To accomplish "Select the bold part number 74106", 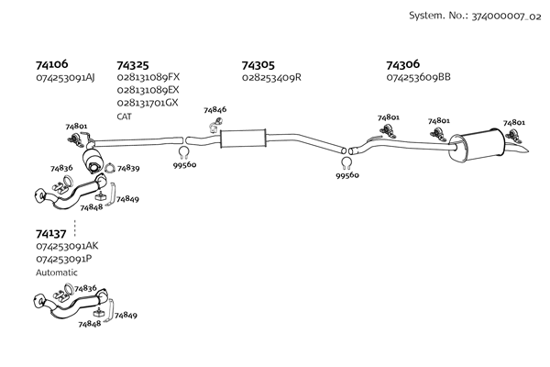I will click(x=51, y=65).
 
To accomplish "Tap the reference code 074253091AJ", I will click(x=65, y=78).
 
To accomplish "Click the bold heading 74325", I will click(x=133, y=65).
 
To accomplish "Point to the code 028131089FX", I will click(x=148, y=78).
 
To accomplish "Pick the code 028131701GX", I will click(x=148, y=103).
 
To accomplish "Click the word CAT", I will click(x=125, y=117).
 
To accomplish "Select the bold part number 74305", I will click(x=258, y=65).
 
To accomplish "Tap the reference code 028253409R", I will click(x=271, y=78).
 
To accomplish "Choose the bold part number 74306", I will click(x=402, y=65).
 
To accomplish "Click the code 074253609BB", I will click(x=418, y=78).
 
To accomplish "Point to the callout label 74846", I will click(x=214, y=110).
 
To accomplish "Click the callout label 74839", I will click(x=127, y=169).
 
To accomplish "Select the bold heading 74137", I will click(x=51, y=234).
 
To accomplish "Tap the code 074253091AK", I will click(x=67, y=247).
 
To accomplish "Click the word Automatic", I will click(x=57, y=272).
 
